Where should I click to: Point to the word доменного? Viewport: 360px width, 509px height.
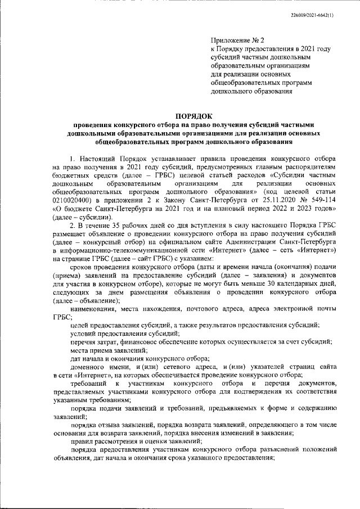[x=89, y=367]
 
